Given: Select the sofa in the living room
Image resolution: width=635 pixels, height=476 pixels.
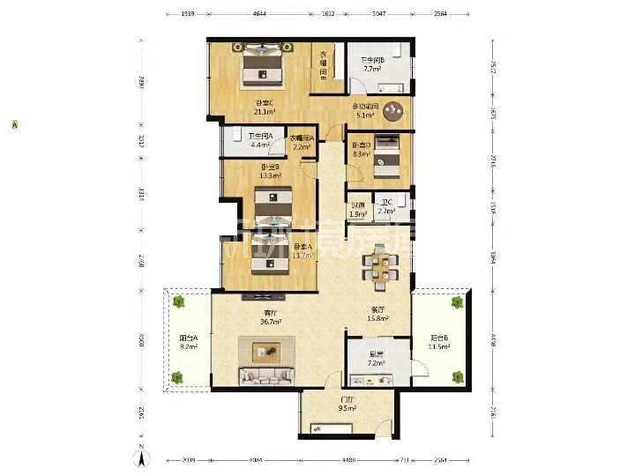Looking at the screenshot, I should pos(268,376).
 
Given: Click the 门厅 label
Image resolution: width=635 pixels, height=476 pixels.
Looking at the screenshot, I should pos(347,399).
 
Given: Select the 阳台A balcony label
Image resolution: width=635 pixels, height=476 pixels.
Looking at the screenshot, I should pos(188,338).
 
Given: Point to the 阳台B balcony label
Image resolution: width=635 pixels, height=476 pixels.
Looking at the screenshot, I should pos(438,338).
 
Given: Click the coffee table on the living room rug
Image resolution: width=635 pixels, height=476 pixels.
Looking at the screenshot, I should pos(268,352).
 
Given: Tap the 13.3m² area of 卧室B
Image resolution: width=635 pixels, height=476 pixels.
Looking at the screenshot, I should pos(271,175).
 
